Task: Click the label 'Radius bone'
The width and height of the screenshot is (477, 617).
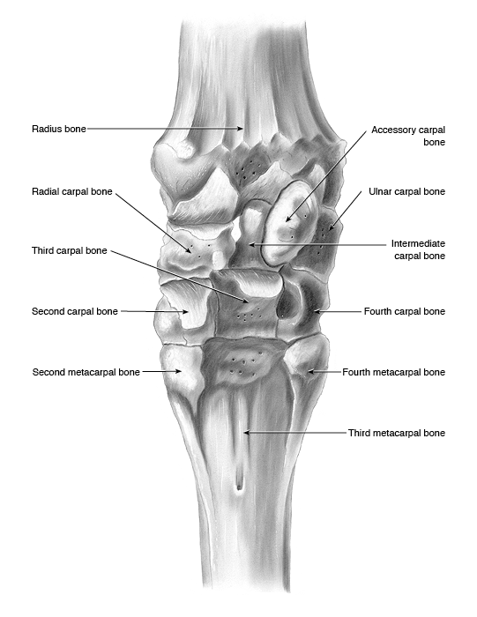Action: (x=59, y=129)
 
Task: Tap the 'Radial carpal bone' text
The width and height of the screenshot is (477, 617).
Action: (x=72, y=191)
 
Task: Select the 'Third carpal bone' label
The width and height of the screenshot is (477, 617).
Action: (x=70, y=250)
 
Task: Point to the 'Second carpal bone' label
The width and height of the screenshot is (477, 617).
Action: (x=75, y=311)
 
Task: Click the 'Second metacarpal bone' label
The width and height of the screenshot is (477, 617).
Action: (x=86, y=372)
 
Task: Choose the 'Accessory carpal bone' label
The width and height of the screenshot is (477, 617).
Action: (x=408, y=136)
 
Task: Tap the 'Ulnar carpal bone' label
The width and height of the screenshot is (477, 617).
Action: (x=407, y=191)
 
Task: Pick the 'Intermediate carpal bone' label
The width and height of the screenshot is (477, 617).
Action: (x=418, y=249)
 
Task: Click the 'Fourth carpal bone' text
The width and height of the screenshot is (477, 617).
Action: (x=405, y=311)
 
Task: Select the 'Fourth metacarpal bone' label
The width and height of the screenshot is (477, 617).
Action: (x=393, y=372)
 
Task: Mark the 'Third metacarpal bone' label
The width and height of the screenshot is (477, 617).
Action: (x=397, y=433)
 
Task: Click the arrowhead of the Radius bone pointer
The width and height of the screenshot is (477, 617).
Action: (x=240, y=129)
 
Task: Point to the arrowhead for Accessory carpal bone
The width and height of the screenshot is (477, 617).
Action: (x=288, y=218)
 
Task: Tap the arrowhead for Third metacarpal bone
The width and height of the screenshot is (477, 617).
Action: (x=247, y=433)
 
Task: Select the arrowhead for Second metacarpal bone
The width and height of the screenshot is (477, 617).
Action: (x=179, y=371)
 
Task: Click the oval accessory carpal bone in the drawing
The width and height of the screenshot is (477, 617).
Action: (x=288, y=223)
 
